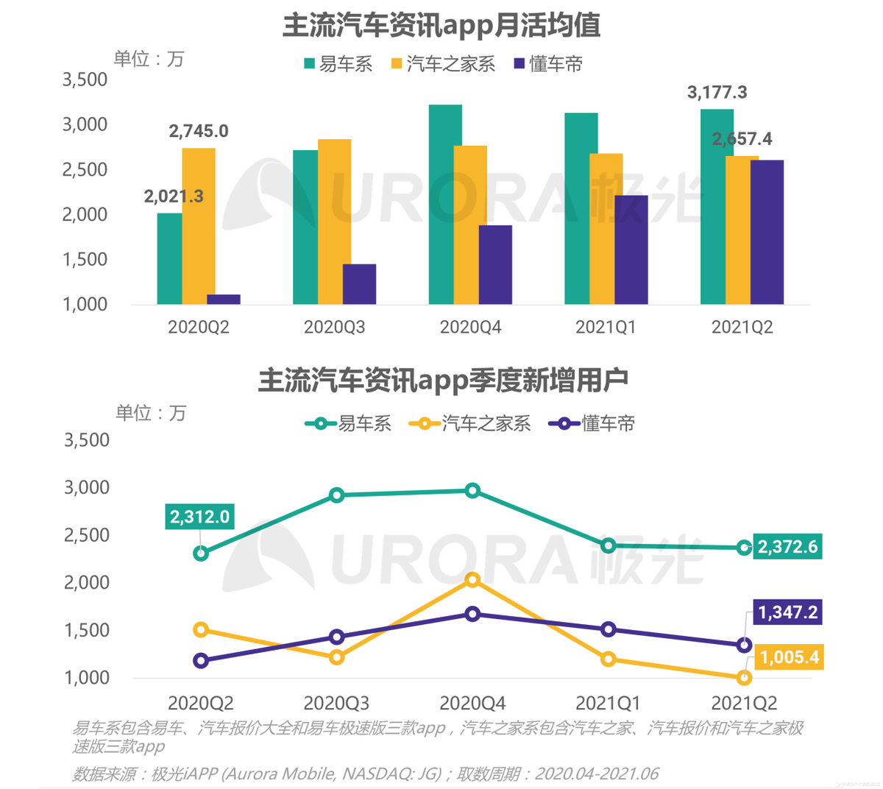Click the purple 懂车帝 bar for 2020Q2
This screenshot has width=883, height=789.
click(x=224, y=300)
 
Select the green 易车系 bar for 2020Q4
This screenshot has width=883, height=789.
click(x=445, y=205)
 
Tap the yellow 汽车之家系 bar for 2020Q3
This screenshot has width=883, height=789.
click(x=334, y=222)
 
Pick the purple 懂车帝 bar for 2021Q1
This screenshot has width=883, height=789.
click(x=631, y=250)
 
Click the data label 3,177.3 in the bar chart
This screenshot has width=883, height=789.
click(x=717, y=92)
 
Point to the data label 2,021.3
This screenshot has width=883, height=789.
click(x=174, y=197)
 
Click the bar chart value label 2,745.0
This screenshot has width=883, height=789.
click(x=199, y=131)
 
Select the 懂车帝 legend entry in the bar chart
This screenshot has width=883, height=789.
click(x=548, y=65)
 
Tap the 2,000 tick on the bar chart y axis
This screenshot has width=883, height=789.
click(x=85, y=214)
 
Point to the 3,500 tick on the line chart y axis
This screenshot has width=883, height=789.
click(x=87, y=440)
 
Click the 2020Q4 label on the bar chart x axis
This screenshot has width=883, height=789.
click(x=470, y=327)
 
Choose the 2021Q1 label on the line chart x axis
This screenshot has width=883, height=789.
click(x=608, y=702)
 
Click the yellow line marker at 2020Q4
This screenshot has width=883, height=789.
click(x=472, y=580)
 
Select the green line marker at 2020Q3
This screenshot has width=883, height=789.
click(x=337, y=495)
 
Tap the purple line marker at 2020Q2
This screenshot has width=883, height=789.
click(x=201, y=661)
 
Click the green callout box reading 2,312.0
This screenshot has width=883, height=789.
click(x=199, y=517)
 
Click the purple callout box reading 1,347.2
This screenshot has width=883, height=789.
click(x=787, y=612)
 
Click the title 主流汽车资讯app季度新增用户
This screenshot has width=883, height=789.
click(x=442, y=381)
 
